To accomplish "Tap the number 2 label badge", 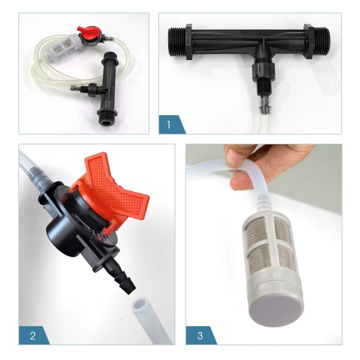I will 33,336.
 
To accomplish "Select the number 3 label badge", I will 200,336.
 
